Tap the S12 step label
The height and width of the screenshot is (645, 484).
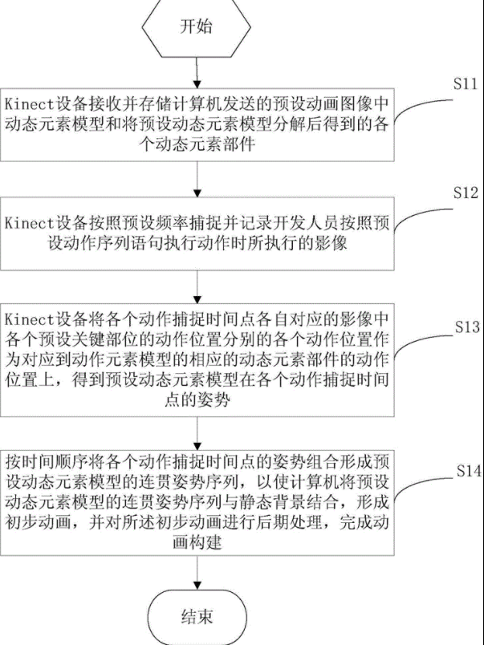(x=465, y=193)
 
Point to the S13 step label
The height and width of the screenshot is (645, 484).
(x=466, y=328)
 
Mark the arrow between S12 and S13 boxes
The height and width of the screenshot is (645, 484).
(x=196, y=286)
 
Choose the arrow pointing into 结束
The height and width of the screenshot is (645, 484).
(x=196, y=574)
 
